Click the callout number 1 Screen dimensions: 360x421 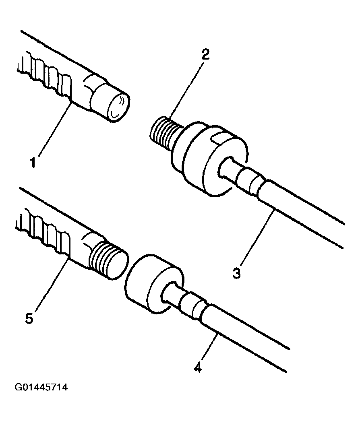coord(33,163)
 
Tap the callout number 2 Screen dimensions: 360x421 coord(205,54)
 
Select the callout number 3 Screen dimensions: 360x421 coord(236,273)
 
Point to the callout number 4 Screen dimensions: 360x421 coord(198,367)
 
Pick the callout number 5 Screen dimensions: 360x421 coord(29,318)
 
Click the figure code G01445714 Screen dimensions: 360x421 coord(41,388)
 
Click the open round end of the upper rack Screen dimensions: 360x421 coord(118,106)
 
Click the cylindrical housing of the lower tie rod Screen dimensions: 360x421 coord(155,283)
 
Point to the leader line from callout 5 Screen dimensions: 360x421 coord(51,285)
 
